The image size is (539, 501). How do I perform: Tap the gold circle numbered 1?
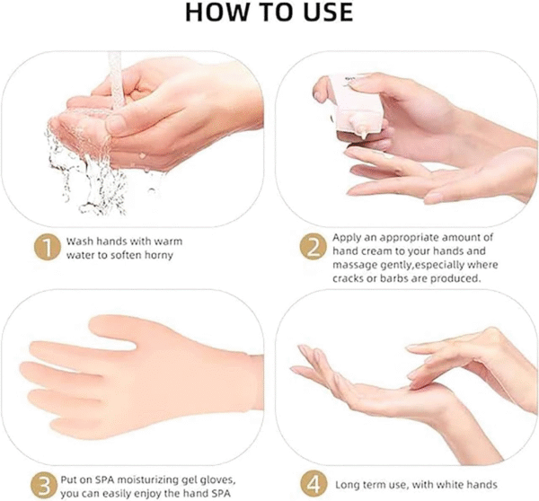point(47,247)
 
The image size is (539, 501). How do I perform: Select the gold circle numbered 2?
point(313,247)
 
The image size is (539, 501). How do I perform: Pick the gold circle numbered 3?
point(44,486)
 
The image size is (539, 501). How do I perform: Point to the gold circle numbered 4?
point(314,483)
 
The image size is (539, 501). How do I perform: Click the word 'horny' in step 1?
point(159,256)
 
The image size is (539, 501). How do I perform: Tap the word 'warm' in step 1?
point(168,242)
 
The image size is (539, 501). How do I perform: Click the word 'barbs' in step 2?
point(394,278)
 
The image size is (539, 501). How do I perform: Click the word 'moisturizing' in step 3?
point(142,480)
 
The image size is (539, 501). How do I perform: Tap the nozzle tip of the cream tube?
point(364,137)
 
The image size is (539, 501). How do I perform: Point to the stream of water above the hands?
point(116,80)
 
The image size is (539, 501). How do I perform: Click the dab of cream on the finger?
point(388,156)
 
